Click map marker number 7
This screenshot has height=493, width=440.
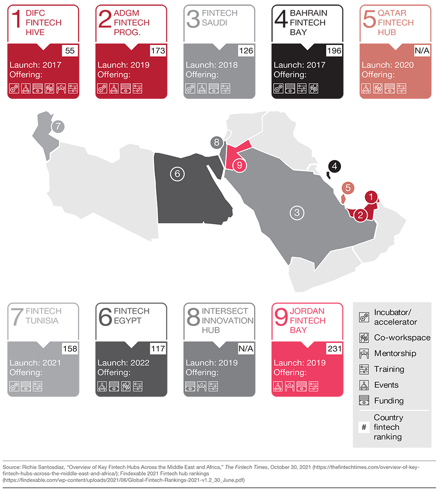[58, 126]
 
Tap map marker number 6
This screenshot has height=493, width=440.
[177, 174]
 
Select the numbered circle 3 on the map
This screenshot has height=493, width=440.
[297, 212]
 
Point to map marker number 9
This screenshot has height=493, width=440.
[239, 166]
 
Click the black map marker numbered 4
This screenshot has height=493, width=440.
[334, 166]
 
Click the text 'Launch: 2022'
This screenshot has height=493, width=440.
[123, 363]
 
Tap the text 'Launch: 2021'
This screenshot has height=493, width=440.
[35, 363]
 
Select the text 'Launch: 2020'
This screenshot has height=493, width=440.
[387, 65]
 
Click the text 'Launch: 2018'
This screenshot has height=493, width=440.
[211, 65]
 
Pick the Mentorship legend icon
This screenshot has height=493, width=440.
[364, 353]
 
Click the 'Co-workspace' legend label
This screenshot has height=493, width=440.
[402, 337]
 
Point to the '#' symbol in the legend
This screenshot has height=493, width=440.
[364, 427]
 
